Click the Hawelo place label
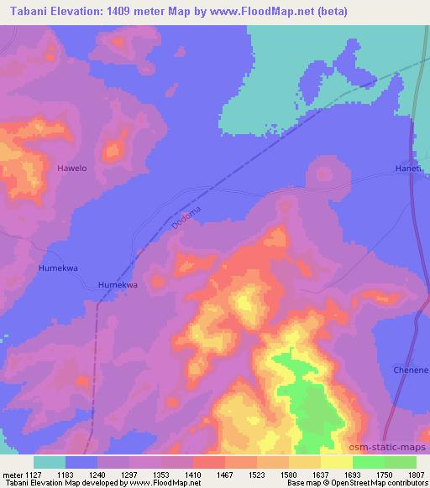pyautogui.click(x=71, y=169)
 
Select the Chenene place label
pyautogui.click(x=411, y=370)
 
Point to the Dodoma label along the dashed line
pyautogui.click(x=186, y=216)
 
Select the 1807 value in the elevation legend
pyautogui.click(x=417, y=474)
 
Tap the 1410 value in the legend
pyautogui.click(x=193, y=474)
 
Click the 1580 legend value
pyautogui.click(x=289, y=474)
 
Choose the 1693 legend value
pyautogui.click(x=353, y=474)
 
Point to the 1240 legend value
pyautogui.click(x=97, y=474)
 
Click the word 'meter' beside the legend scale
pyautogui.click(x=13, y=474)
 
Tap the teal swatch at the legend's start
pyautogui.click(x=50, y=462)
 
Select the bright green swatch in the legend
pyautogui.click(x=369, y=462)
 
